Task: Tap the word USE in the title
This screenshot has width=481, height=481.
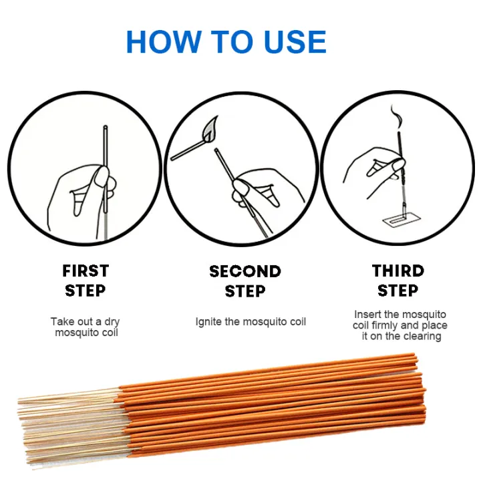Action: (295, 41)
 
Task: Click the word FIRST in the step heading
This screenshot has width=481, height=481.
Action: (86, 271)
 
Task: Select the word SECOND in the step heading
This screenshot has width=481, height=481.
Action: (245, 271)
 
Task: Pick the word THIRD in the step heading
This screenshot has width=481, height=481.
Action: (398, 271)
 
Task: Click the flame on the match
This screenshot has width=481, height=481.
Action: (210, 129)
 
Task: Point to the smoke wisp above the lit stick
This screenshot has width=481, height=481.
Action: (395, 118)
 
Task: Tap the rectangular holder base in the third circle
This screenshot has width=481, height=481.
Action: (402, 220)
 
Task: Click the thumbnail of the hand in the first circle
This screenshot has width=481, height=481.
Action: (102, 176)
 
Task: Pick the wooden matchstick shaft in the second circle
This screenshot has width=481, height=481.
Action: (188, 150)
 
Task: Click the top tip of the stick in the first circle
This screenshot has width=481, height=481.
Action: (106, 126)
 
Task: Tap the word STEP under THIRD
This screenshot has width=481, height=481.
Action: (398, 290)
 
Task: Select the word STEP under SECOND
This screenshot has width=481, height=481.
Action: (245, 291)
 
